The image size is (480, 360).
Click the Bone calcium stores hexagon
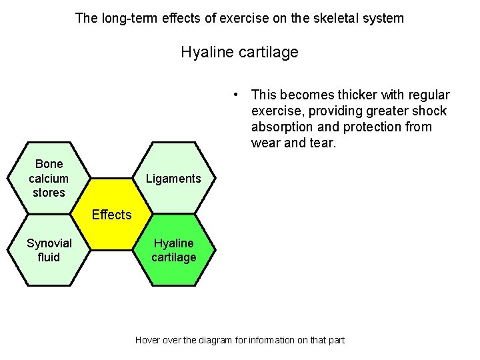tap(49, 178)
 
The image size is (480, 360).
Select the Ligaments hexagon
tap(173, 178)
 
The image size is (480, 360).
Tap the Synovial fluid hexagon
tap(49, 250)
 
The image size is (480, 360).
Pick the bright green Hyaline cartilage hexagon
tap(173, 250)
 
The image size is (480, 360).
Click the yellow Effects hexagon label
tap(111, 215)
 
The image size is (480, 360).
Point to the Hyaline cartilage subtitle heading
tap(239, 52)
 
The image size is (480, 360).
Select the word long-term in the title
tap(128, 18)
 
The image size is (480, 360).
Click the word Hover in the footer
tap(147, 340)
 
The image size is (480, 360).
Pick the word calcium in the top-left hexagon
tap(49, 178)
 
